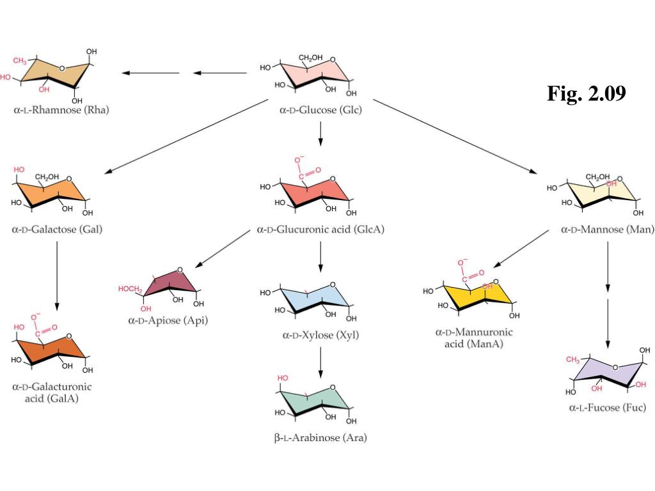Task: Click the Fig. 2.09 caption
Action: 586,94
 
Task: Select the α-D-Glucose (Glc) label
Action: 320,110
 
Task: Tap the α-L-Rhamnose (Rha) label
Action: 61,109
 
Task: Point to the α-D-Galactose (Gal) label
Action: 57,229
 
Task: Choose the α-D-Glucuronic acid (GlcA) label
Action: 320,229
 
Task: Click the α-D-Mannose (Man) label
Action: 607,229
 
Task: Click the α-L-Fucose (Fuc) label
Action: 607,407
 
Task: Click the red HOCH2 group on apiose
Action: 130,289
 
